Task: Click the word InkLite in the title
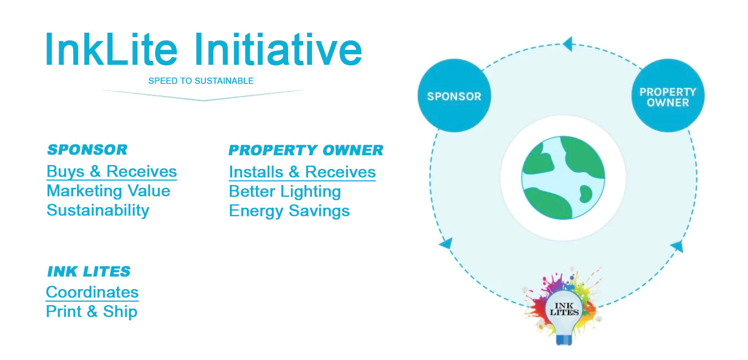(x=111, y=49)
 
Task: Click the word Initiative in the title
(x=279, y=49)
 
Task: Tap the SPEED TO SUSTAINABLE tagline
(x=201, y=81)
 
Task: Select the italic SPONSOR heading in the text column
(x=88, y=150)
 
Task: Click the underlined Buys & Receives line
(x=111, y=172)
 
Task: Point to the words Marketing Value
(x=108, y=191)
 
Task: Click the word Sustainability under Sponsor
(x=98, y=210)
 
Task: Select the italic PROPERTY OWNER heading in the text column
(x=306, y=150)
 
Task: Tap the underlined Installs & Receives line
(x=302, y=172)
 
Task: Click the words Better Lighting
(x=285, y=192)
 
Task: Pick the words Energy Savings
(x=289, y=211)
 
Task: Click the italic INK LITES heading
(x=89, y=271)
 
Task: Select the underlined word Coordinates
(x=92, y=292)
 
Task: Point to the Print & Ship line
(x=91, y=312)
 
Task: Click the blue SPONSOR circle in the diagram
(x=454, y=96)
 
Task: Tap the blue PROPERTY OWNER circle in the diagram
(x=668, y=96)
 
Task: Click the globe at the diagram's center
(x=563, y=178)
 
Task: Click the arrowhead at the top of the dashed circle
(x=568, y=44)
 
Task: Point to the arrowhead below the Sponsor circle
(x=447, y=243)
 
